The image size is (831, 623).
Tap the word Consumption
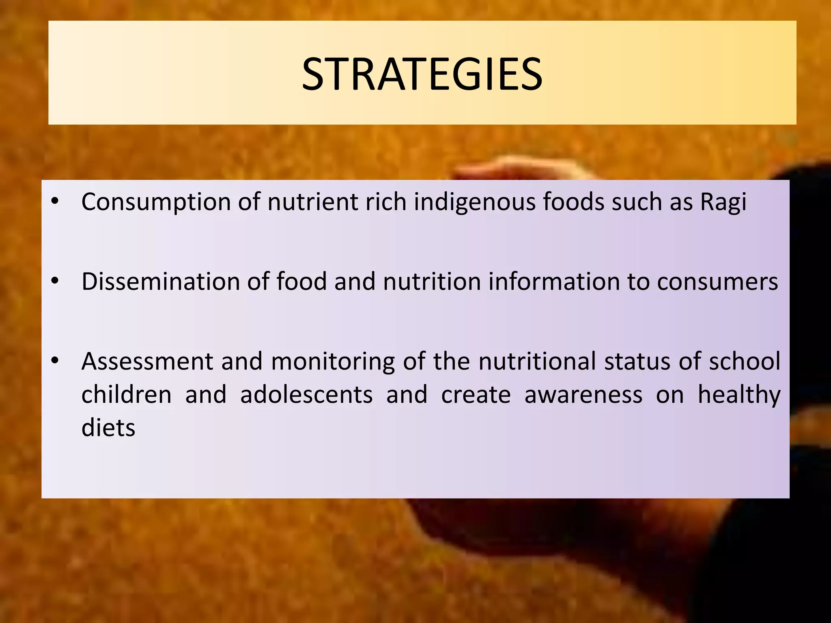click(x=156, y=202)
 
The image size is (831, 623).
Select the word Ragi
click(x=723, y=202)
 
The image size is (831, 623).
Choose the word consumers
click(x=717, y=281)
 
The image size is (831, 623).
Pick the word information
click(x=554, y=281)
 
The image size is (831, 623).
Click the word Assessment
click(x=147, y=361)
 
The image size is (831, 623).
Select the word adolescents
click(x=306, y=394)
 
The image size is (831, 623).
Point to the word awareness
click(x=583, y=394)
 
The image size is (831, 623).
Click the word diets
click(x=108, y=428)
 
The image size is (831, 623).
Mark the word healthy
click(x=739, y=395)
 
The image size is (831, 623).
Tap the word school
click(x=745, y=361)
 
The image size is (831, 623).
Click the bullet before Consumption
click(x=56, y=201)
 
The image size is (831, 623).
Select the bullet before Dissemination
click(x=56, y=281)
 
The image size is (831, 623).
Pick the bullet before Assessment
click(x=56, y=360)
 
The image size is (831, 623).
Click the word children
click(x=127, y=394)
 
